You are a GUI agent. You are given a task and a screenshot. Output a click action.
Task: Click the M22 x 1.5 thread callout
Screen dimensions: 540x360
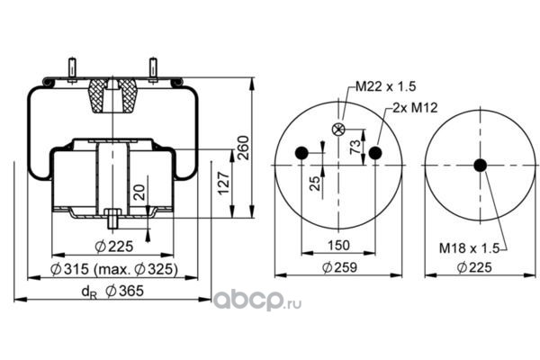[385, 86]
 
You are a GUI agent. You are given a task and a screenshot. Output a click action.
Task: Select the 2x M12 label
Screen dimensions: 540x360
[415, 108]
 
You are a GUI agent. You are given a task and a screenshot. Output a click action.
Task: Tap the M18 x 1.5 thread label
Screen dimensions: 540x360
[469, 248]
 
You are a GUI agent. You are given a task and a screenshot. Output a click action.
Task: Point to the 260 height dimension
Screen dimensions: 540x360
[243, 148]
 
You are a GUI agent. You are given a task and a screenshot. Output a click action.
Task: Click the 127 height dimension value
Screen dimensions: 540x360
[224, 183]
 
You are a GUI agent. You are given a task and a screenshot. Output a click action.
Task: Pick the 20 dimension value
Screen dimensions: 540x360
[139, 193]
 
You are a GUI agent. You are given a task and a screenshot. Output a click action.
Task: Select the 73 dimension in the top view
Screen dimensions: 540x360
[355, 147]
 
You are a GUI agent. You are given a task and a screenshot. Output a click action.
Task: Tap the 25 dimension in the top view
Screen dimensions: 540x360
[315, 184]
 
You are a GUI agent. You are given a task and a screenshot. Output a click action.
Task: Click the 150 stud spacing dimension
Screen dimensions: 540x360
[338, 246]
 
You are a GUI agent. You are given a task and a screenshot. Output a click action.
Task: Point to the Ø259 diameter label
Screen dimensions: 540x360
[339, 267]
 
